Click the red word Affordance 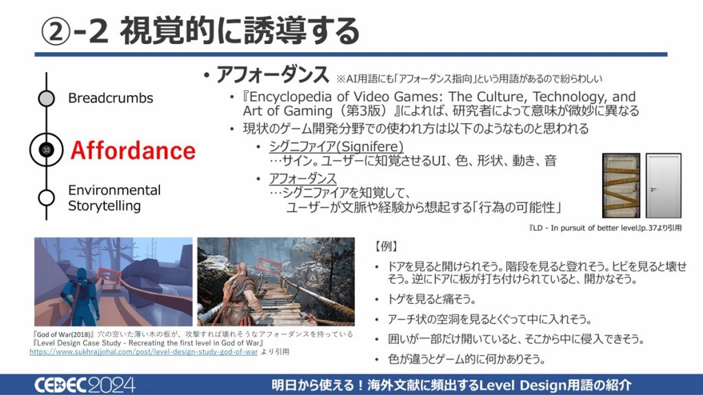tap(133, 151)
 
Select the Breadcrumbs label tap(111, 98)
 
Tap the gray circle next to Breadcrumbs tap(46, 98)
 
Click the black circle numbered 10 tap(46, 149)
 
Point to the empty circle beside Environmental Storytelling tap(46, 197)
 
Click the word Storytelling tap(104, 206)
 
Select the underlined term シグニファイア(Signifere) tap(336, 146)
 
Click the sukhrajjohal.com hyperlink tap(143, 351)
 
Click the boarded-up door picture tap(621, 186)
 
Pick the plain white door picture tap(664, 186)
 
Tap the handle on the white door tap(654, 190)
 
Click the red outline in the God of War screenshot tap(268, 266)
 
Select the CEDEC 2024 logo tap(84, 385)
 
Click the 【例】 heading tap(385, 246)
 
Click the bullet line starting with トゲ tap(432, 299)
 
